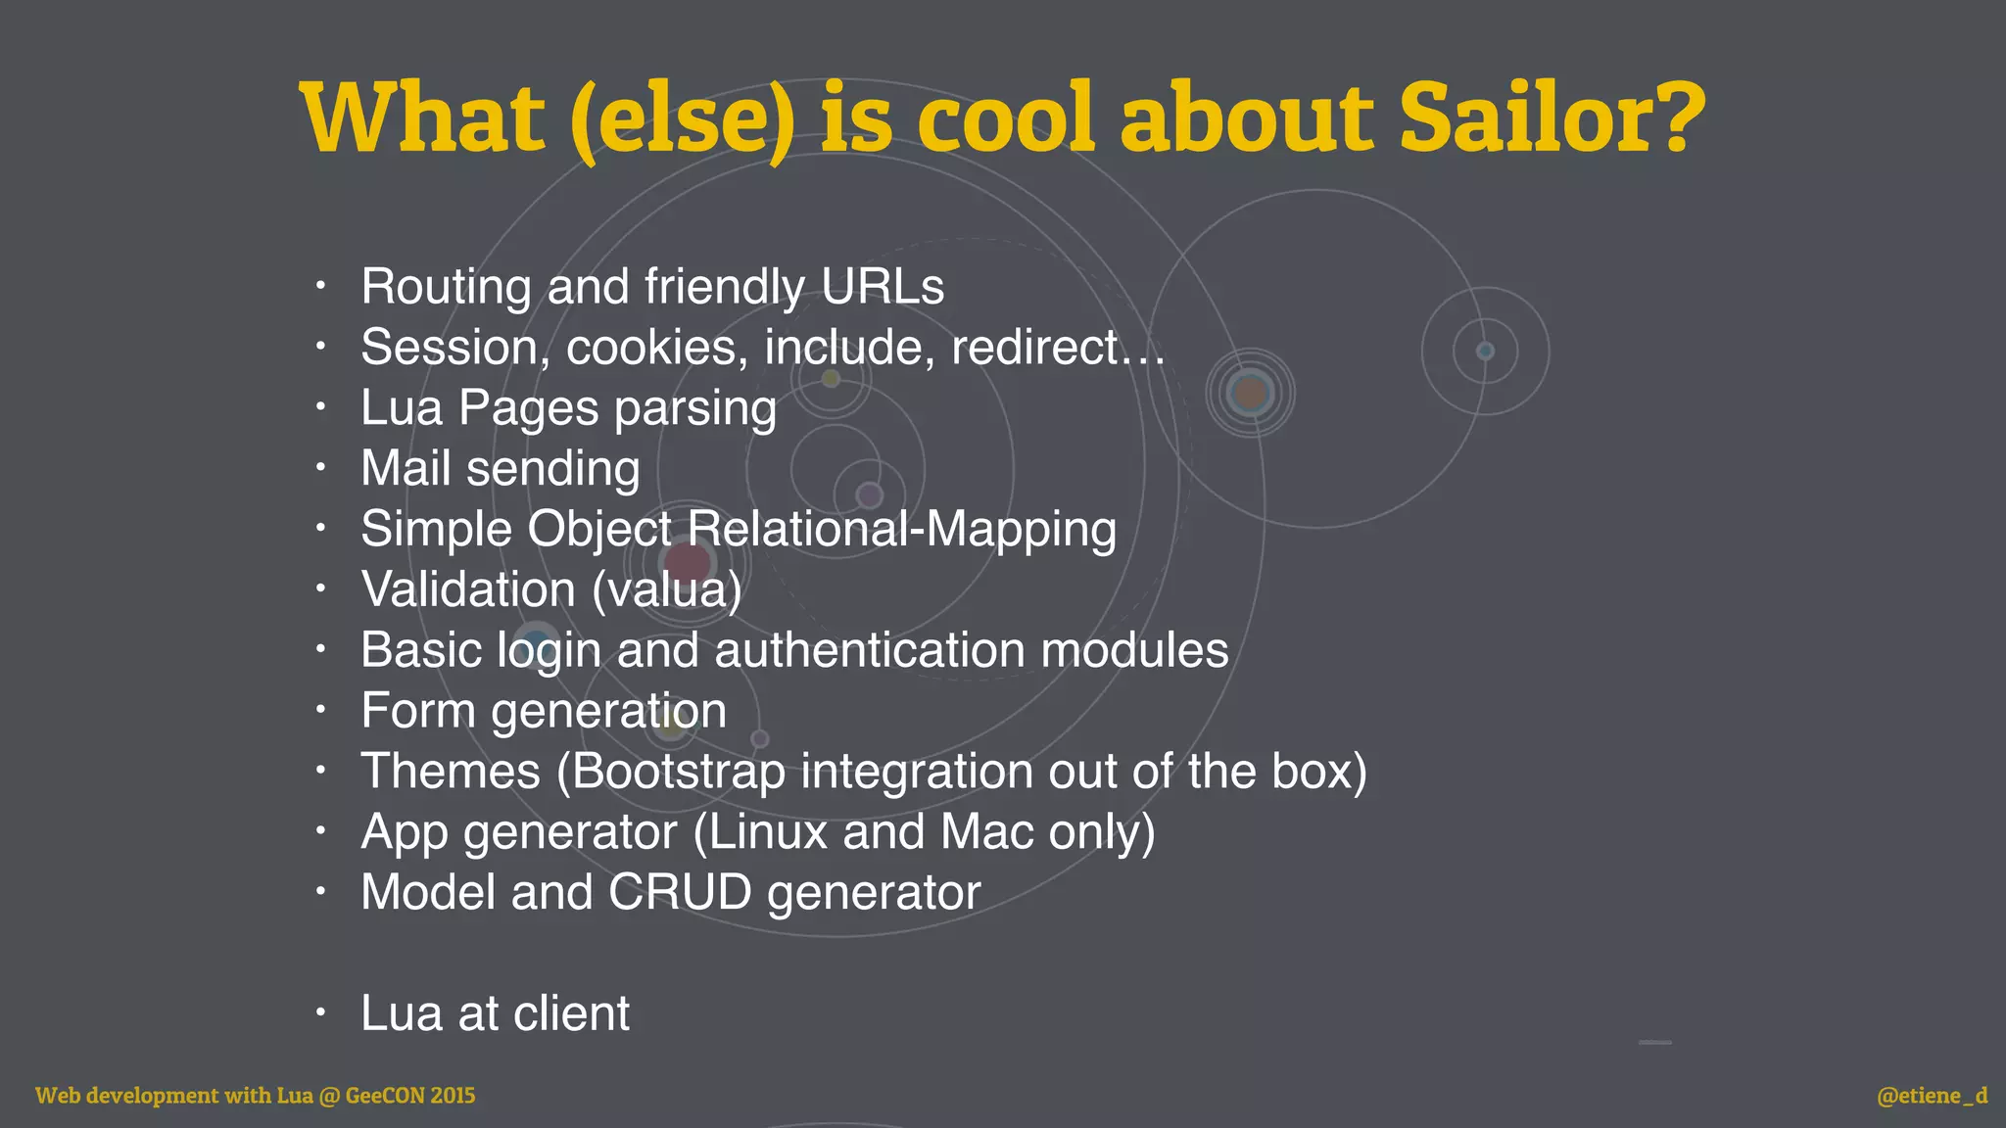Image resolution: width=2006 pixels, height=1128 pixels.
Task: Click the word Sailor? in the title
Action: click(1552, 117)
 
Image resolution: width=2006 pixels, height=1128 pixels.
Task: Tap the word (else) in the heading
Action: click(682, 119)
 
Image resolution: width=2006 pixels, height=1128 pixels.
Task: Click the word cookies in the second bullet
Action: click(651, 348)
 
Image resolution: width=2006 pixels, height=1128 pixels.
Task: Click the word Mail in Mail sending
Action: click(405, 469)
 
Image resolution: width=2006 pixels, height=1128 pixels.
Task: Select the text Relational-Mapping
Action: click(901, 530)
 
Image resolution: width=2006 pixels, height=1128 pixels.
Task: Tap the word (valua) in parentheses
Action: click(667, 590)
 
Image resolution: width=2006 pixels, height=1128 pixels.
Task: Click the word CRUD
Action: click(680, 893)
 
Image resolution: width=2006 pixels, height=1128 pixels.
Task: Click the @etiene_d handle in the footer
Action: click(1932, 1096)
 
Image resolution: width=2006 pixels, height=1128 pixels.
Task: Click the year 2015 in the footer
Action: click(453, 1096)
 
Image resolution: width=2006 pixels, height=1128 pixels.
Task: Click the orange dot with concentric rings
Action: click(1250, 394)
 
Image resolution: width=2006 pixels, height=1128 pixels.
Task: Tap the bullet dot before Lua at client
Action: click(320, 1012)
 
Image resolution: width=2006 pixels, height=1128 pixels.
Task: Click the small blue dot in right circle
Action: click(1485, 351)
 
